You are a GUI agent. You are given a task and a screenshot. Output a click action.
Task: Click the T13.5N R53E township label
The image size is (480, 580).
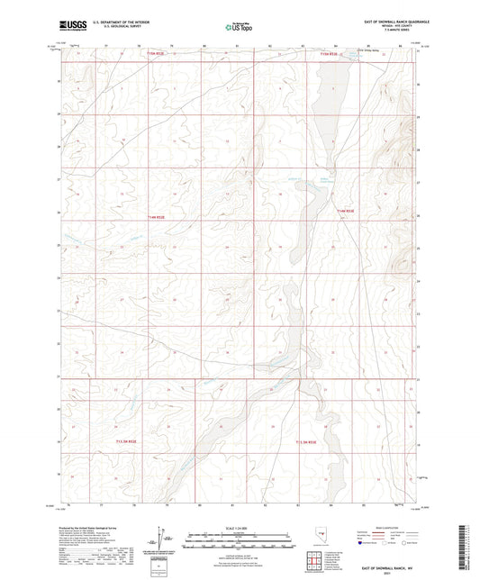(x=320, y=441)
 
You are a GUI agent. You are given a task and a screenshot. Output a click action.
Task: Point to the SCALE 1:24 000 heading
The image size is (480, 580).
(x=239, y=529)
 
